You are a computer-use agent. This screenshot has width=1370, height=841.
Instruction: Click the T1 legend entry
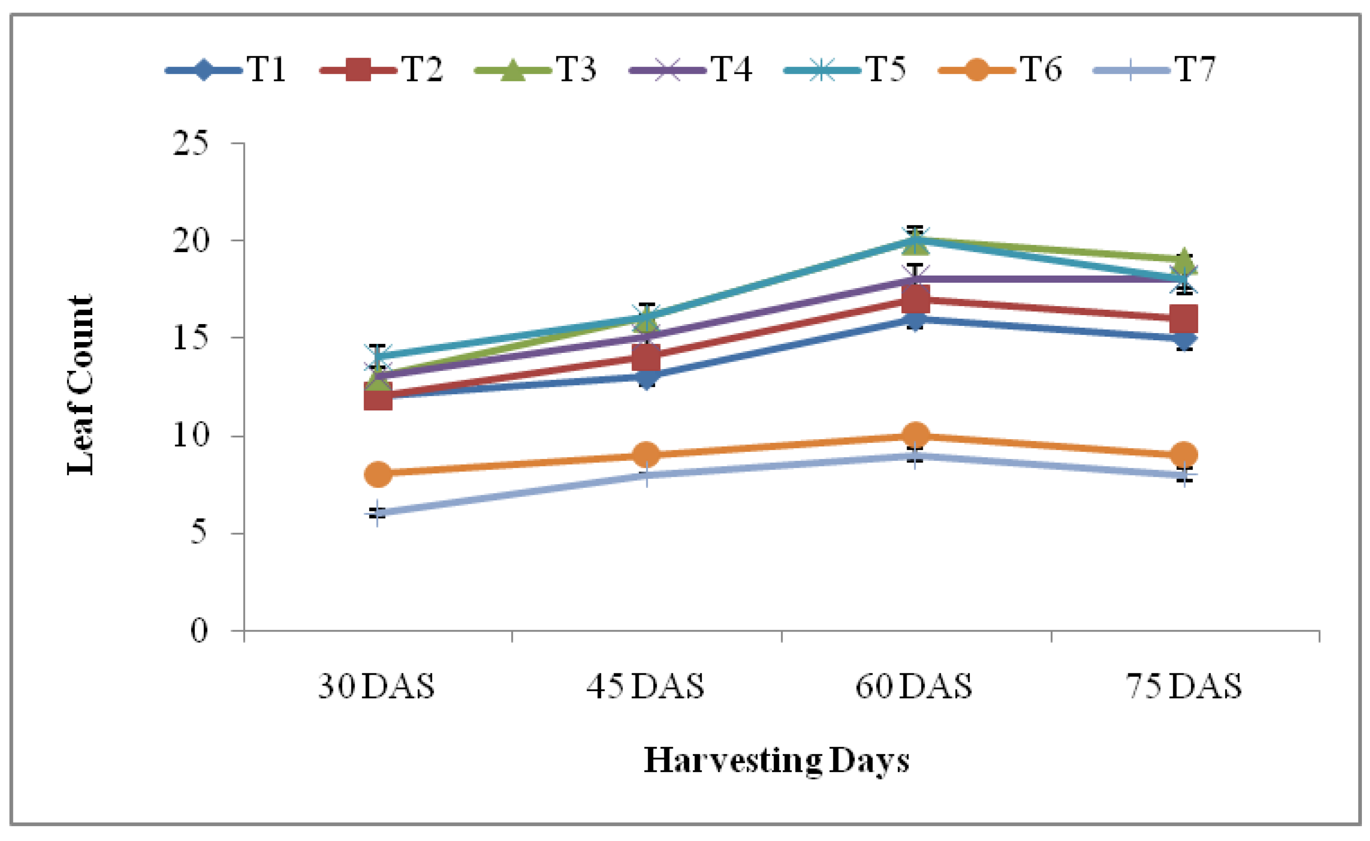point(226,70)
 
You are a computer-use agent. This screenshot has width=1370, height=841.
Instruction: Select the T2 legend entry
point(381,70)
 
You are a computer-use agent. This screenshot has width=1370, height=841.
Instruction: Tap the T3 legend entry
point(535,70)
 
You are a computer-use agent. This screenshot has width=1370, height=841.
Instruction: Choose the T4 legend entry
point(690,70)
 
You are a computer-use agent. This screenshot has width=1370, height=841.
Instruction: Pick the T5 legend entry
point(845,70)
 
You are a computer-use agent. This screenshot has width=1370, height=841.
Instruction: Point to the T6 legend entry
point(1000,70)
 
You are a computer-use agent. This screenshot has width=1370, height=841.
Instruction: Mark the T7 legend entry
point(1154,70)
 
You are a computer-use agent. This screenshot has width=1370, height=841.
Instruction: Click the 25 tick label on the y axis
point(190,143)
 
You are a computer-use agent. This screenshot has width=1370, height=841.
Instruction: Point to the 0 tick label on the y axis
point(199,631)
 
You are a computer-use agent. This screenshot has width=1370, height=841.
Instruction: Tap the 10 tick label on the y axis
point(190,436)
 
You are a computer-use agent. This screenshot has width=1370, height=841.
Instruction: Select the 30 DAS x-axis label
point(376,686)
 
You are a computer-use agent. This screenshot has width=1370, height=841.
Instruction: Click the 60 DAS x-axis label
point(913,686)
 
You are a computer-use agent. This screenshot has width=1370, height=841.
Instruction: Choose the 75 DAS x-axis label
point(1183,686)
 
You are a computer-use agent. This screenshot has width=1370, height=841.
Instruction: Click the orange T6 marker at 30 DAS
point(378,474)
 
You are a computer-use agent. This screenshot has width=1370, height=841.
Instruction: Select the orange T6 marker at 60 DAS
point(915,434)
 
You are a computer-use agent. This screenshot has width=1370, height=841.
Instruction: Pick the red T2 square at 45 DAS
point(646,358)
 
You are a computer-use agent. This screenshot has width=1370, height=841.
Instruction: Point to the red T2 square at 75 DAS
point(1183,319)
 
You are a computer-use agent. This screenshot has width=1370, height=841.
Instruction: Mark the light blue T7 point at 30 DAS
point(378,513)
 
